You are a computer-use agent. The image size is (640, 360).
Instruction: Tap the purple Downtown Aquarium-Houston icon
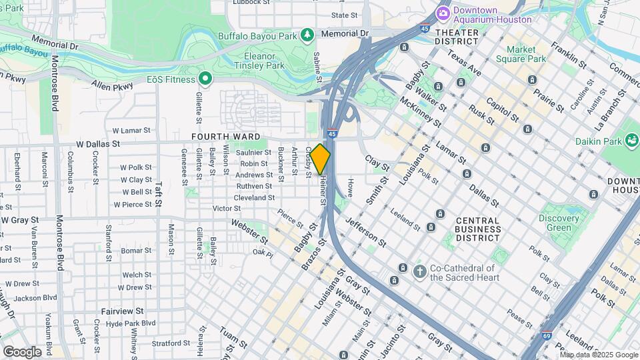tap(442, 13)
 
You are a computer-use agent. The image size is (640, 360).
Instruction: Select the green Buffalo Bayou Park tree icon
tap(307, 33)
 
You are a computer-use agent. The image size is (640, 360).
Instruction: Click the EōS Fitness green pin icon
tap(206, 79)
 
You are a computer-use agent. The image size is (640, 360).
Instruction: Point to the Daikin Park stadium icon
tap(631, 141)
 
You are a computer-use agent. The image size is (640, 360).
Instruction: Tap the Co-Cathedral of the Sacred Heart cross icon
tap(419, 271)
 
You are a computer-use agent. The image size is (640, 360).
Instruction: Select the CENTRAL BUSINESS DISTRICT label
tap(477, 229)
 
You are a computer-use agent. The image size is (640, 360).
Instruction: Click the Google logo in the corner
tap(23, 351)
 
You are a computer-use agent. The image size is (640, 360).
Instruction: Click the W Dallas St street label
tap(98, 143)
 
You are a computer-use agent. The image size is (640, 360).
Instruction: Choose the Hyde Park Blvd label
tap(130, 323)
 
